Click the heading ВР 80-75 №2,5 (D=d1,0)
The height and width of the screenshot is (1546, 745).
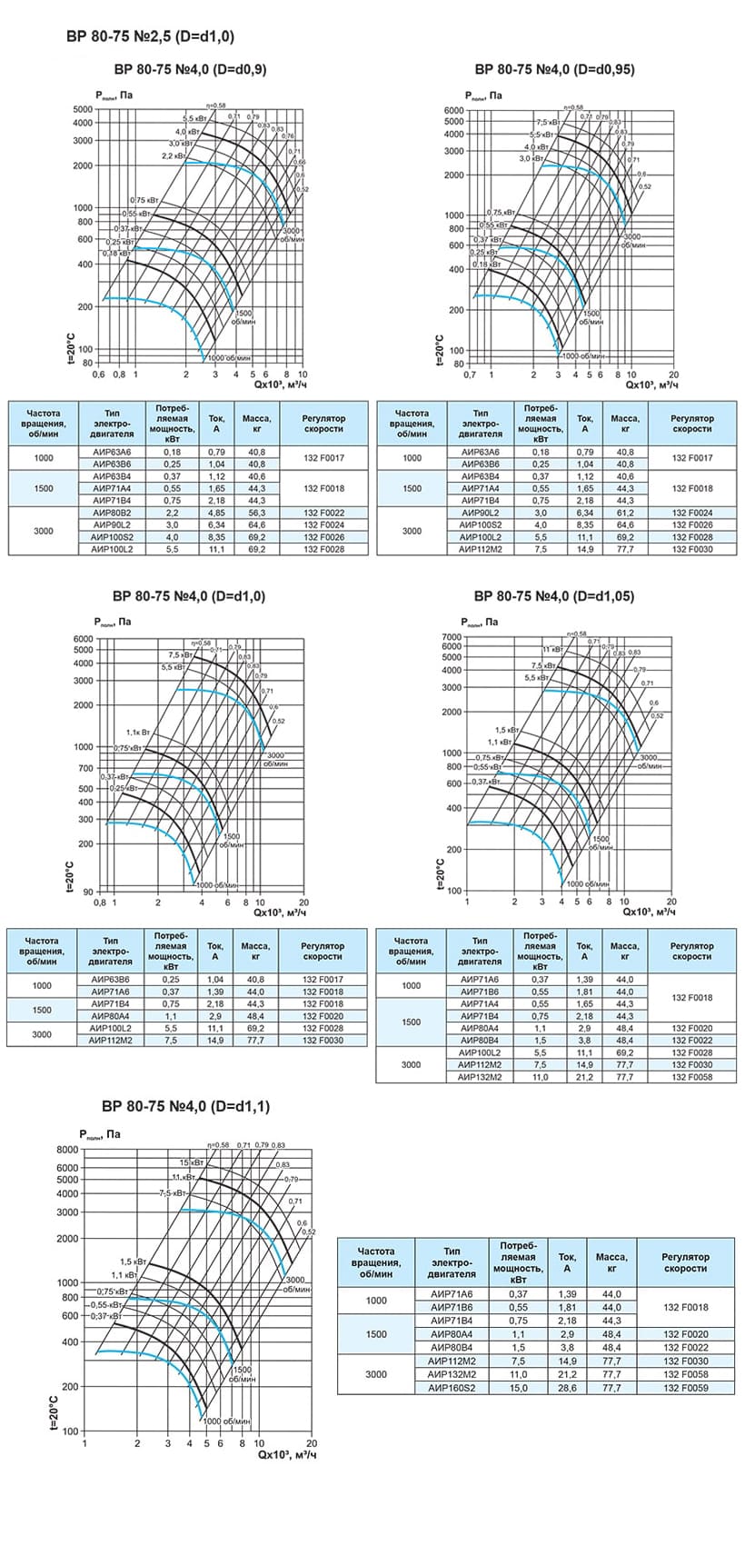(151, 37)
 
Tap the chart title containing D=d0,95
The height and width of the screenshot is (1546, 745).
(554, 69)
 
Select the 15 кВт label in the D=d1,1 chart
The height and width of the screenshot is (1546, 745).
(190, 1162)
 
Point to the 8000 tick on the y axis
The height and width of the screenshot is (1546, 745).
(68, 1150)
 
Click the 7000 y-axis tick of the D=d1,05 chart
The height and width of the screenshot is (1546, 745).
(451, 636)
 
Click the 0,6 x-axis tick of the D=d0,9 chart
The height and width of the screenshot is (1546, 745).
(97, 374)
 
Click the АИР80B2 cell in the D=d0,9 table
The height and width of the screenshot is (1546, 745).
(112, 513)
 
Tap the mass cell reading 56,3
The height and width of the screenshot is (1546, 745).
(256, 513)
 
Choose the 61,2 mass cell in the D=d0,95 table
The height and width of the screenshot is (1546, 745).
(624, 513)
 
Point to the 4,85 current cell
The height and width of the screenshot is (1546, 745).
(216, 513)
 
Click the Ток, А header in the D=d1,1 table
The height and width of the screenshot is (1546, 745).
(567, 1262)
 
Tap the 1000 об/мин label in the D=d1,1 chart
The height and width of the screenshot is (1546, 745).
(227, 1421)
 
